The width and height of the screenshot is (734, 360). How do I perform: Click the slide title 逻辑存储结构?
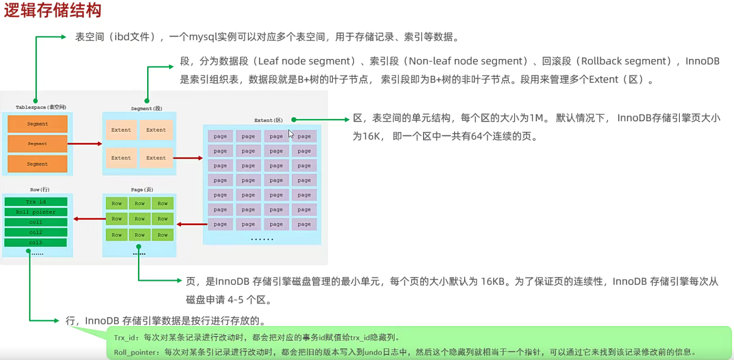tap(53, 11)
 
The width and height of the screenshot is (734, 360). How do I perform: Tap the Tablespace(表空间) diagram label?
tap(41, 107)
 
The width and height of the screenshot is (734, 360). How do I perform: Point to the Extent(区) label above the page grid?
tap(269, 120)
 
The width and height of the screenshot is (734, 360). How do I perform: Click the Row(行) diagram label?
tap(39, 190)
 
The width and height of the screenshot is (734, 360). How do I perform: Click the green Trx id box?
tap(35, 202)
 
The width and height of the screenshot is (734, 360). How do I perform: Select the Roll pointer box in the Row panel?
tap(35, 212)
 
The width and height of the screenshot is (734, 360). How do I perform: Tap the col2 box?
tap(35, 232)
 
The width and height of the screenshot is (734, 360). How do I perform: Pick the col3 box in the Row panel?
tap(35, 243)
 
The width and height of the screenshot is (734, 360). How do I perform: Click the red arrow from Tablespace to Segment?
tap(85, 143)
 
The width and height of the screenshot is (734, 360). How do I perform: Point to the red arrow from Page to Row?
tap(90, 219)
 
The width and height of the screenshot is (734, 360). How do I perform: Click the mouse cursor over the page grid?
tap(291, 134)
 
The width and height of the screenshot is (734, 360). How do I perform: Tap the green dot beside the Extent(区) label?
tap(293, 119)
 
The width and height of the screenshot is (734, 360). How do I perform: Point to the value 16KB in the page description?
tap(493, 282)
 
